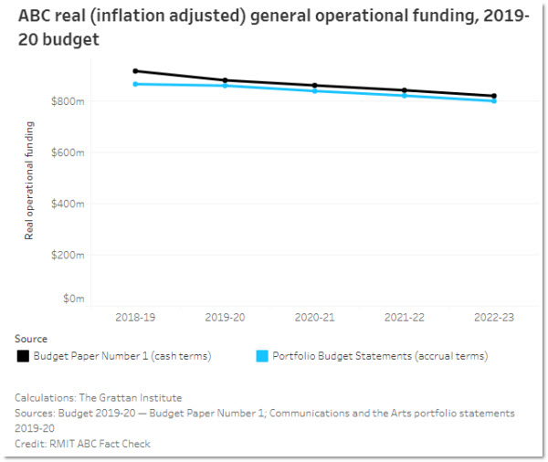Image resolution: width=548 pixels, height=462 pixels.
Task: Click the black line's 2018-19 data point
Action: [x=135, y=70]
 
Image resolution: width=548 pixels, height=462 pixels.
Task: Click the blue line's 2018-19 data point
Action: [x=135, y=84]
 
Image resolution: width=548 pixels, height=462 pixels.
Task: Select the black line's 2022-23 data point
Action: [x=494, y=96]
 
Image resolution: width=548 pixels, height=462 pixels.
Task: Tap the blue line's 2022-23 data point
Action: [x=494, y=101]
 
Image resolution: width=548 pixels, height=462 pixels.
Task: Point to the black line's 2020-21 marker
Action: [x=314, y=85]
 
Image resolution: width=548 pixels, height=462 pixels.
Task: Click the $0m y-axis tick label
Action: [x=74, y=299]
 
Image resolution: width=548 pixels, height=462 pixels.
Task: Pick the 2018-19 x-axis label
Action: [x=135, y=317]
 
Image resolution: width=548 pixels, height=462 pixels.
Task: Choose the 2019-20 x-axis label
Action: [x=225, y=317]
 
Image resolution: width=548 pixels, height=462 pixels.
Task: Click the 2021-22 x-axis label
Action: [x=405, y=317]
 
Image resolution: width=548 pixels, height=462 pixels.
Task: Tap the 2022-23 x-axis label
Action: [x=494, y=317]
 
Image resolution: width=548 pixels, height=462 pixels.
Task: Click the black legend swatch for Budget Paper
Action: [x=22, y=356]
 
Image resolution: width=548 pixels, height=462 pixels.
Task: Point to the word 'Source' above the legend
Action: [x=31, y=339]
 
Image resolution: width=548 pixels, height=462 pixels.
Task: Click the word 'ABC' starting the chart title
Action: [x=35, y=17]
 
